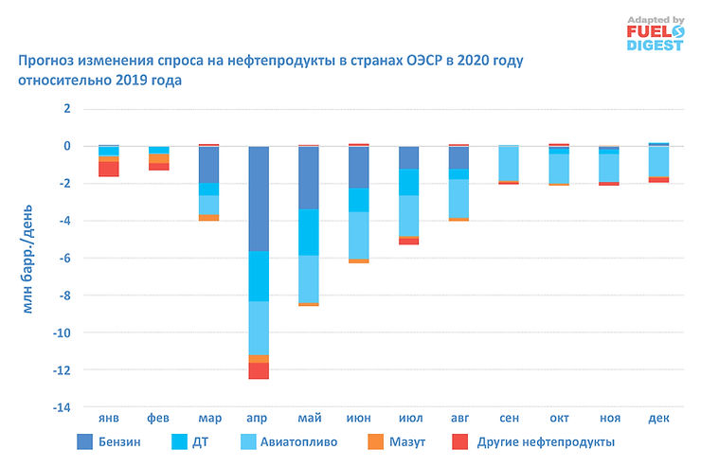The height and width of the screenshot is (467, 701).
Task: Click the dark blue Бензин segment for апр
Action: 259,199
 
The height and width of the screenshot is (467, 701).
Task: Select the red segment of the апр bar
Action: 259,370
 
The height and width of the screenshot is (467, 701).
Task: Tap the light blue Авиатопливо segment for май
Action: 309,278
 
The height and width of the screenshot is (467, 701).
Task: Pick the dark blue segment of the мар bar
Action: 208,165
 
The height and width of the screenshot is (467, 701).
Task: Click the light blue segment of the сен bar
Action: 509,164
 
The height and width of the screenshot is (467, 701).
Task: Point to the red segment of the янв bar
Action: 109,169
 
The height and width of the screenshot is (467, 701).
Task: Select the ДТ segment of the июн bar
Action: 359,200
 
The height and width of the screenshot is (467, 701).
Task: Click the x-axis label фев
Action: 159,418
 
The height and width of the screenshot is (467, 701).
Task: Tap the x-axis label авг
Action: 458,418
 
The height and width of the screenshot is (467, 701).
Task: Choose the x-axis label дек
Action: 658,418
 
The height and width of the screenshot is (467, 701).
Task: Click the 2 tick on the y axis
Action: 66,109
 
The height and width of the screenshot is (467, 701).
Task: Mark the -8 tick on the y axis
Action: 63,296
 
